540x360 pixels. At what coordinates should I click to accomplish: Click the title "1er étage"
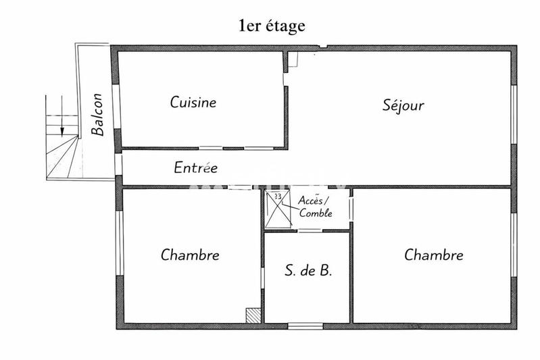coord(271,26)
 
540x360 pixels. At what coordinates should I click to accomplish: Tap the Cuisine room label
coord(193,103)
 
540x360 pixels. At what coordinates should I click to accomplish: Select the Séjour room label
coord(403,105)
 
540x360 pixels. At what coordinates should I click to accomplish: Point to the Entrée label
coord(195,168)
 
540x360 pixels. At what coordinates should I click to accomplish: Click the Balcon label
coord(99,114)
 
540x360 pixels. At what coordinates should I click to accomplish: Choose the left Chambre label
coord(190,255)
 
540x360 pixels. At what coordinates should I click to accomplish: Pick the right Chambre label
coord(433,255)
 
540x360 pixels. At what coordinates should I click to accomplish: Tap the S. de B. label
coord(308,272)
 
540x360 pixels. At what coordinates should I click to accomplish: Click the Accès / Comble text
coord(315,207)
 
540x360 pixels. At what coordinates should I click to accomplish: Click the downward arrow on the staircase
coord(62,124)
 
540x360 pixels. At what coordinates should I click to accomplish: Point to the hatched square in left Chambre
coord(253,315)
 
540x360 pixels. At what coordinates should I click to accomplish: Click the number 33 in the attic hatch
coord(277,197)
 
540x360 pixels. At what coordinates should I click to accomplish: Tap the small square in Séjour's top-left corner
coord(293,60)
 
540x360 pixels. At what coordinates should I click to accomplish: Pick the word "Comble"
coord(316,213)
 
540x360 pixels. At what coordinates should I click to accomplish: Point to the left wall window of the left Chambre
coord(120,243)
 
